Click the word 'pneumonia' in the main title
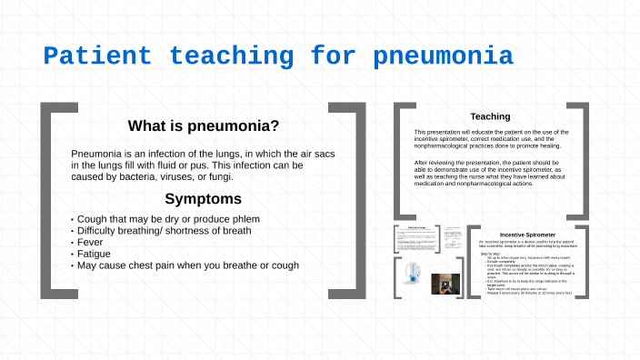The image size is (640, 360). (x=443, y=57)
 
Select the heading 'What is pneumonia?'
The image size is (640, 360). (x=203, y=126)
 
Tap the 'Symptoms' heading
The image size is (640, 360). (x=203, y=198)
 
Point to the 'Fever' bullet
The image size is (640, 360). (x=92, y=243)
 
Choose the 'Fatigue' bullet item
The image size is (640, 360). (x=95, y=255)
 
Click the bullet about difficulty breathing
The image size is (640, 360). (x=164, y=231)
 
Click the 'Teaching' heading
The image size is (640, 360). (x=489, y=116)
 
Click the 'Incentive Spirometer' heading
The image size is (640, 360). (x=526, y=235)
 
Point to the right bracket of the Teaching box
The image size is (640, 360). (x=582, y=158)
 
